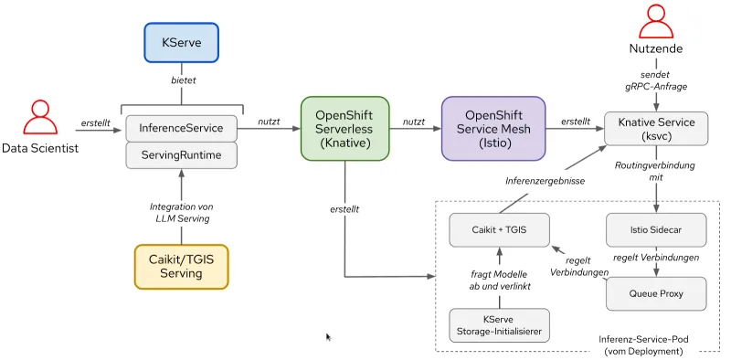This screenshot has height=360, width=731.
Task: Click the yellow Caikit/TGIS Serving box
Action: [x=182, y=266]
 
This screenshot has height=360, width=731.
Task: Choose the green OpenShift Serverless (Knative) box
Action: [x=344, y=129]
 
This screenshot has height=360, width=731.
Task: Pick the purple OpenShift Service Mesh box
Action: [x=493, y=129]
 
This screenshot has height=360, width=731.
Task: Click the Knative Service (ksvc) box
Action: [x=656, y=130]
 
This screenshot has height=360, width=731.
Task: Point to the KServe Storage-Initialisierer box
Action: [x=499, y=325]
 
